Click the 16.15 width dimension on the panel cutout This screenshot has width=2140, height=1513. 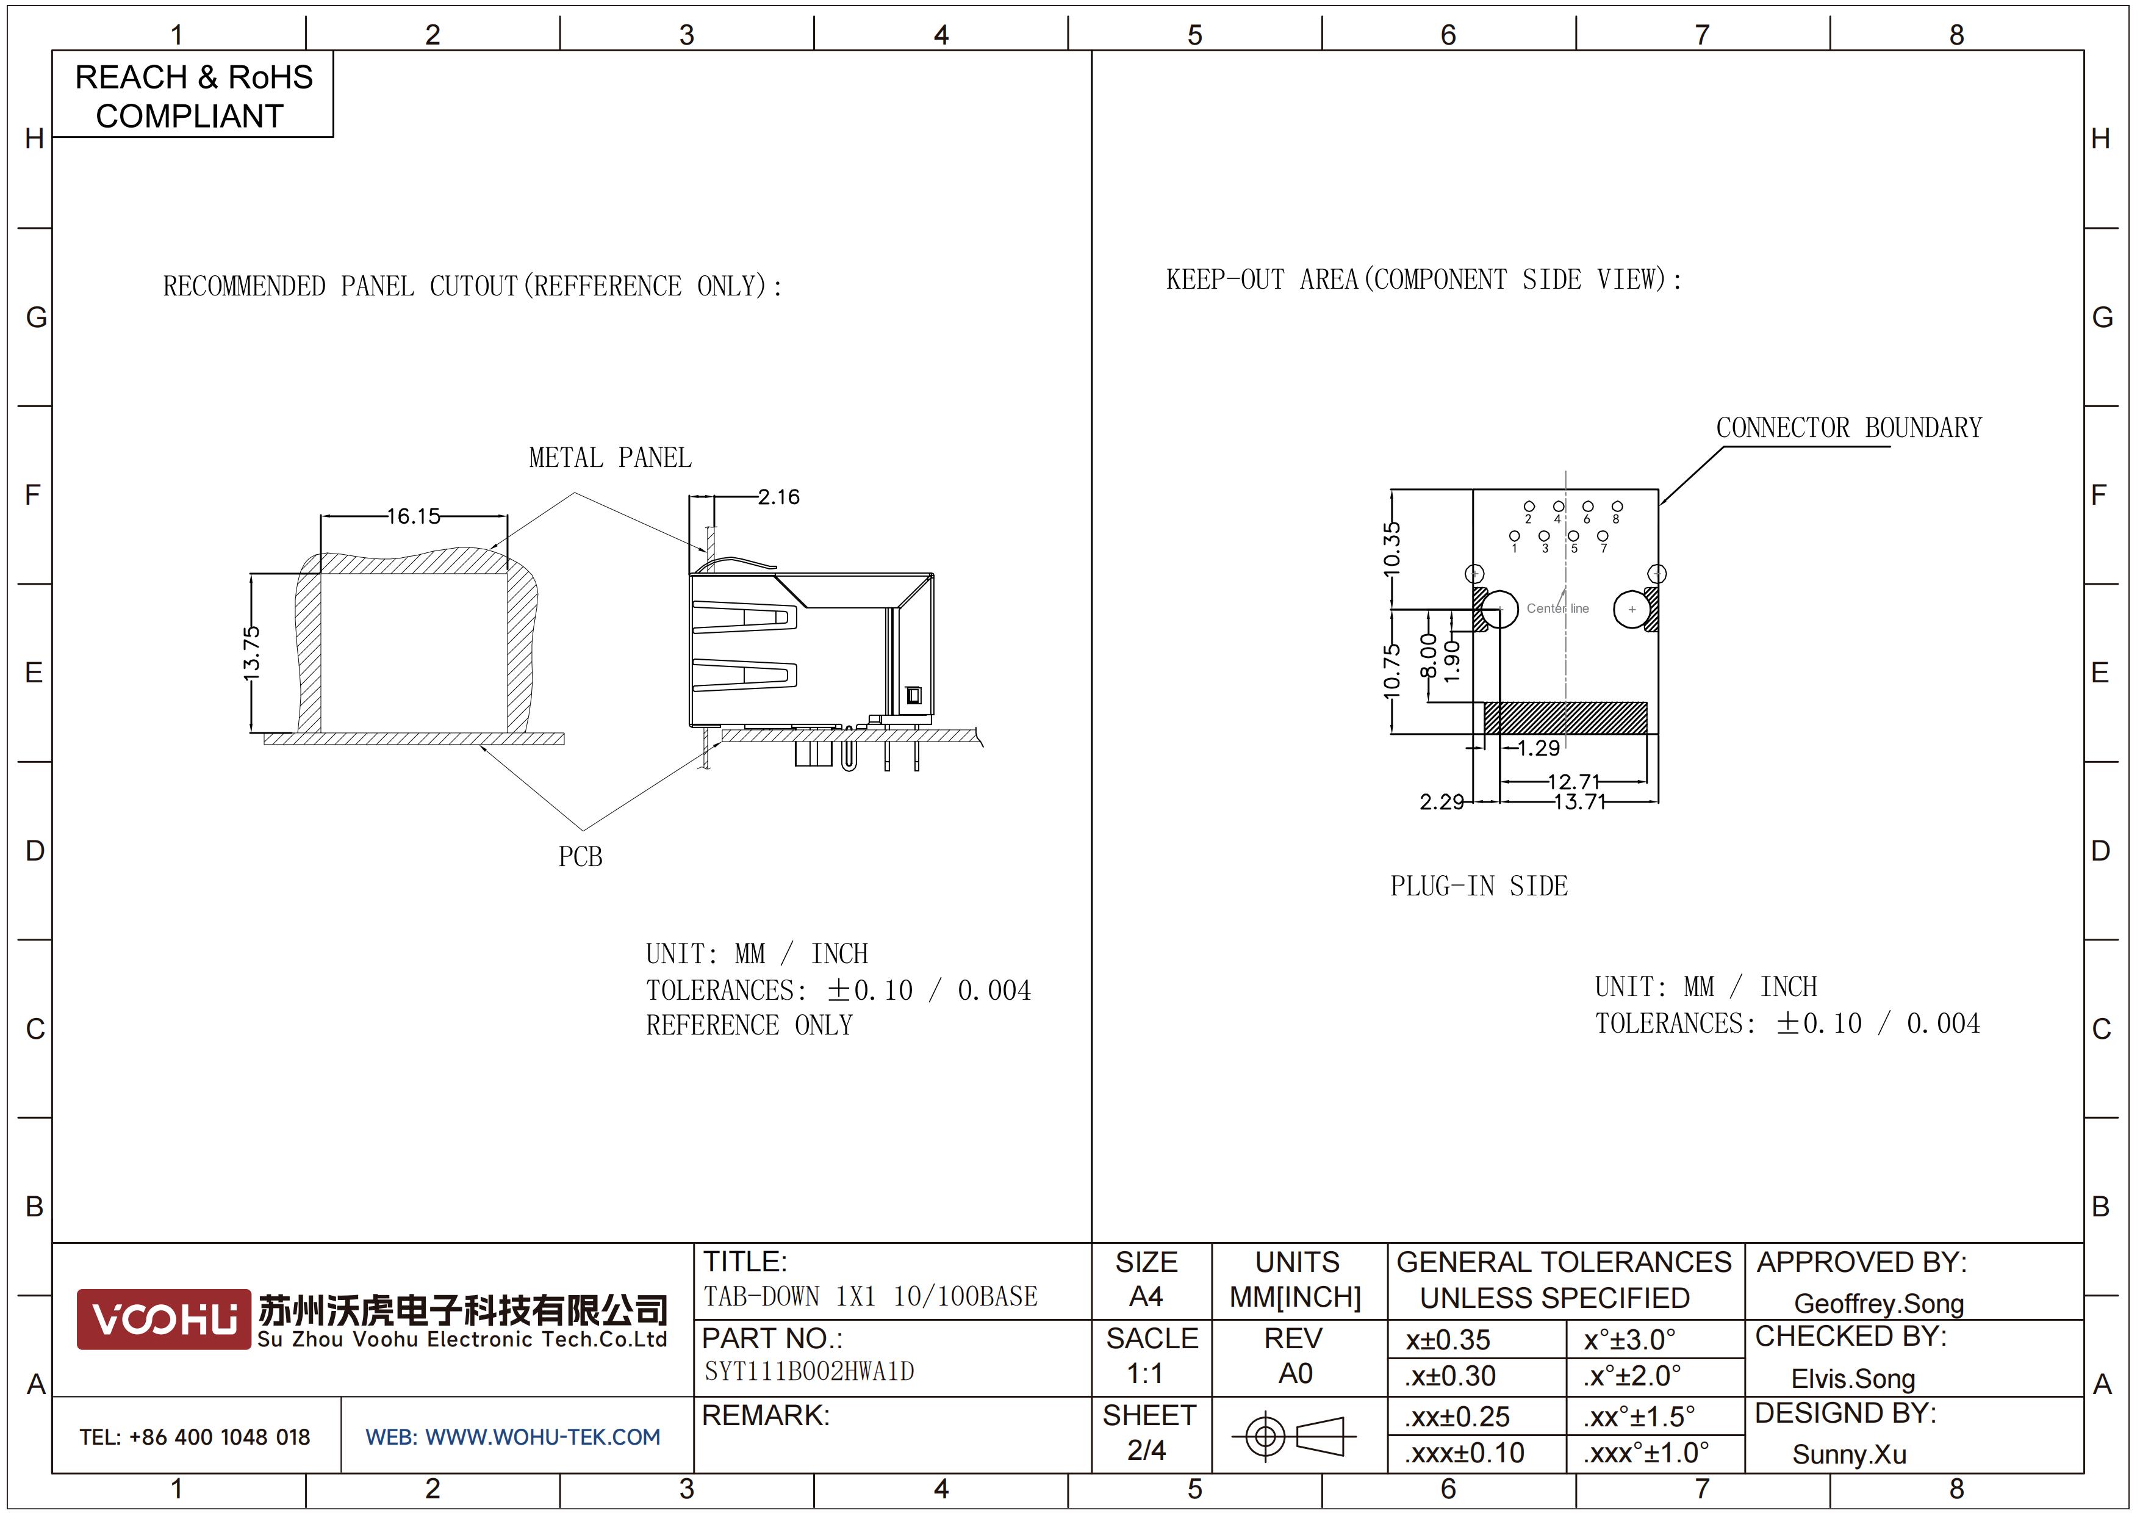(x=414, y=516)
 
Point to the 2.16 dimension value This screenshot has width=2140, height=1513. (x=778, y=497)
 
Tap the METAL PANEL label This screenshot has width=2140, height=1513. (x=611, y=458)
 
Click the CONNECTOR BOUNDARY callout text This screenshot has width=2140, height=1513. (x=1849, y=428)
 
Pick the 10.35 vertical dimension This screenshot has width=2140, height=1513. (x=1391, y=547)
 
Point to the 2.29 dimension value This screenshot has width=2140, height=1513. (x=1442, y=802)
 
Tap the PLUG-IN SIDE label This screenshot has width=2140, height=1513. (x=1479, y=886)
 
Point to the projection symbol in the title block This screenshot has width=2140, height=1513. (x=1294, y=1435)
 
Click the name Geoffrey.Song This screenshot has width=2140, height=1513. (x=1879, y=1303)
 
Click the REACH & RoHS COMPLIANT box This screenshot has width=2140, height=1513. (x=193, y=95)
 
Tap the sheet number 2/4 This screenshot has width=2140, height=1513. (x=1146, y=1450)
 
